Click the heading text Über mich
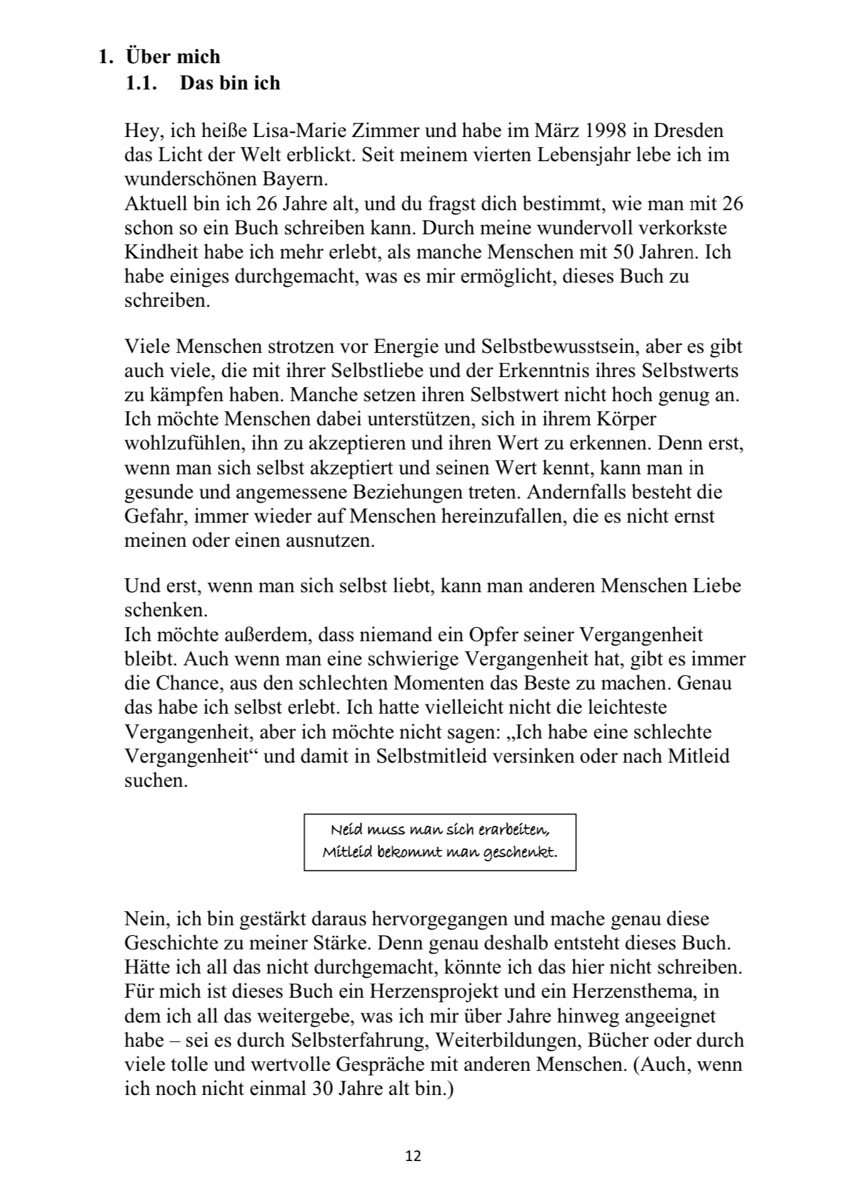pos(173,56)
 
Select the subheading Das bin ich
pos(230,83)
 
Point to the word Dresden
pos(689,131)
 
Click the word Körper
pos(626,419)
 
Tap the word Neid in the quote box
pos(346,829)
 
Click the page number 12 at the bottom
pos(413,1156)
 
